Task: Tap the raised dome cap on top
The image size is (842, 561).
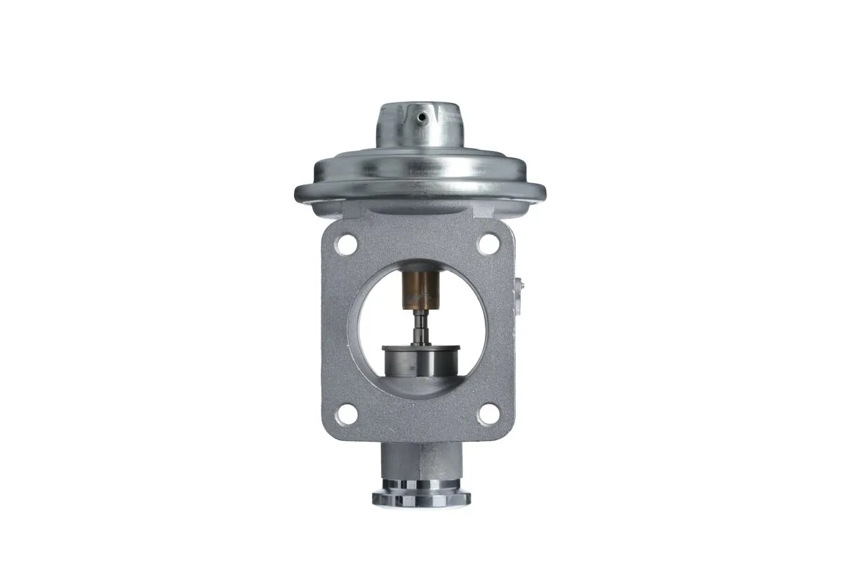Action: (x=420, y=126)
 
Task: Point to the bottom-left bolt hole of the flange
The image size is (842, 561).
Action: (x=345, y=415)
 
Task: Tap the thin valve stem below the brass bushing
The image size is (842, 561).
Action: (x=419, y=327)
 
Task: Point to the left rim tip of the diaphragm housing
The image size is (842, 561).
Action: (x=298, y=191)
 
